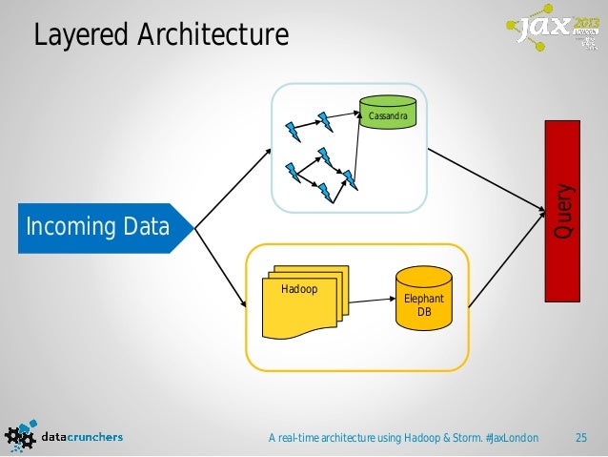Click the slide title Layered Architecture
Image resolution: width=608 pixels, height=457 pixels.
[160, 35]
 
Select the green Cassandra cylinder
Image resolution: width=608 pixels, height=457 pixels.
[387, 113]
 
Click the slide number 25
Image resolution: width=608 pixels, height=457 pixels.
[579, 438]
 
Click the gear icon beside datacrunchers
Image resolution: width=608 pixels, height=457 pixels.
[21, 436]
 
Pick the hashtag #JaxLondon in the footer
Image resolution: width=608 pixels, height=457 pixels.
[511, 438]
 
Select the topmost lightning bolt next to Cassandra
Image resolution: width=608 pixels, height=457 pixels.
[325, 119]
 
